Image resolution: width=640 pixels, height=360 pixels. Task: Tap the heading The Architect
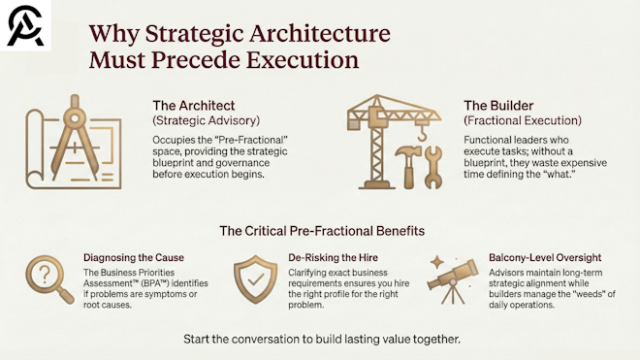193,106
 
